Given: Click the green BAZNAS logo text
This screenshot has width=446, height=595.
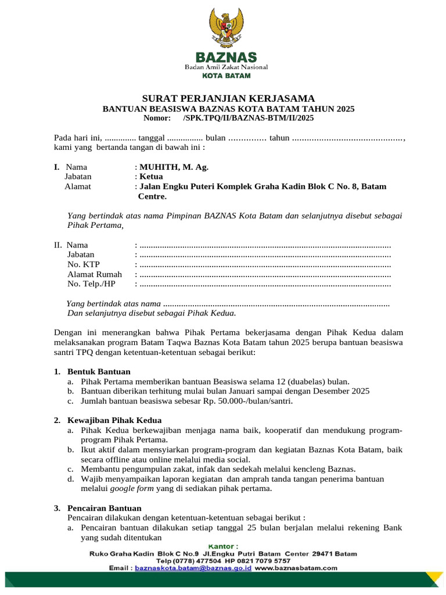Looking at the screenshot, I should click(226, 58).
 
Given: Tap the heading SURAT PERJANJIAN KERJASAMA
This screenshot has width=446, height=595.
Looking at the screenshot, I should click(228, 98).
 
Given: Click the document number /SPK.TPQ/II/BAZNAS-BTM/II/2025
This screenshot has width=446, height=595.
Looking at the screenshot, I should click(248, 118).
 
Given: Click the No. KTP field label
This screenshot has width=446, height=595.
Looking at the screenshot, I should click(83, 264).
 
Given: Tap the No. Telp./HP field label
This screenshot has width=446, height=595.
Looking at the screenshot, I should click(92, 284).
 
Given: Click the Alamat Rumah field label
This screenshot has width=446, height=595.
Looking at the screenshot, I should click(95, 274).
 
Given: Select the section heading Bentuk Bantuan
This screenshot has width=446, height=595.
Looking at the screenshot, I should click(99, 371).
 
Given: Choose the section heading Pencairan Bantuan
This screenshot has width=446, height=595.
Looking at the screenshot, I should click(105, 508).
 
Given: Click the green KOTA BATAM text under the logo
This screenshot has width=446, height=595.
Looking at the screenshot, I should click(226, 76).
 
